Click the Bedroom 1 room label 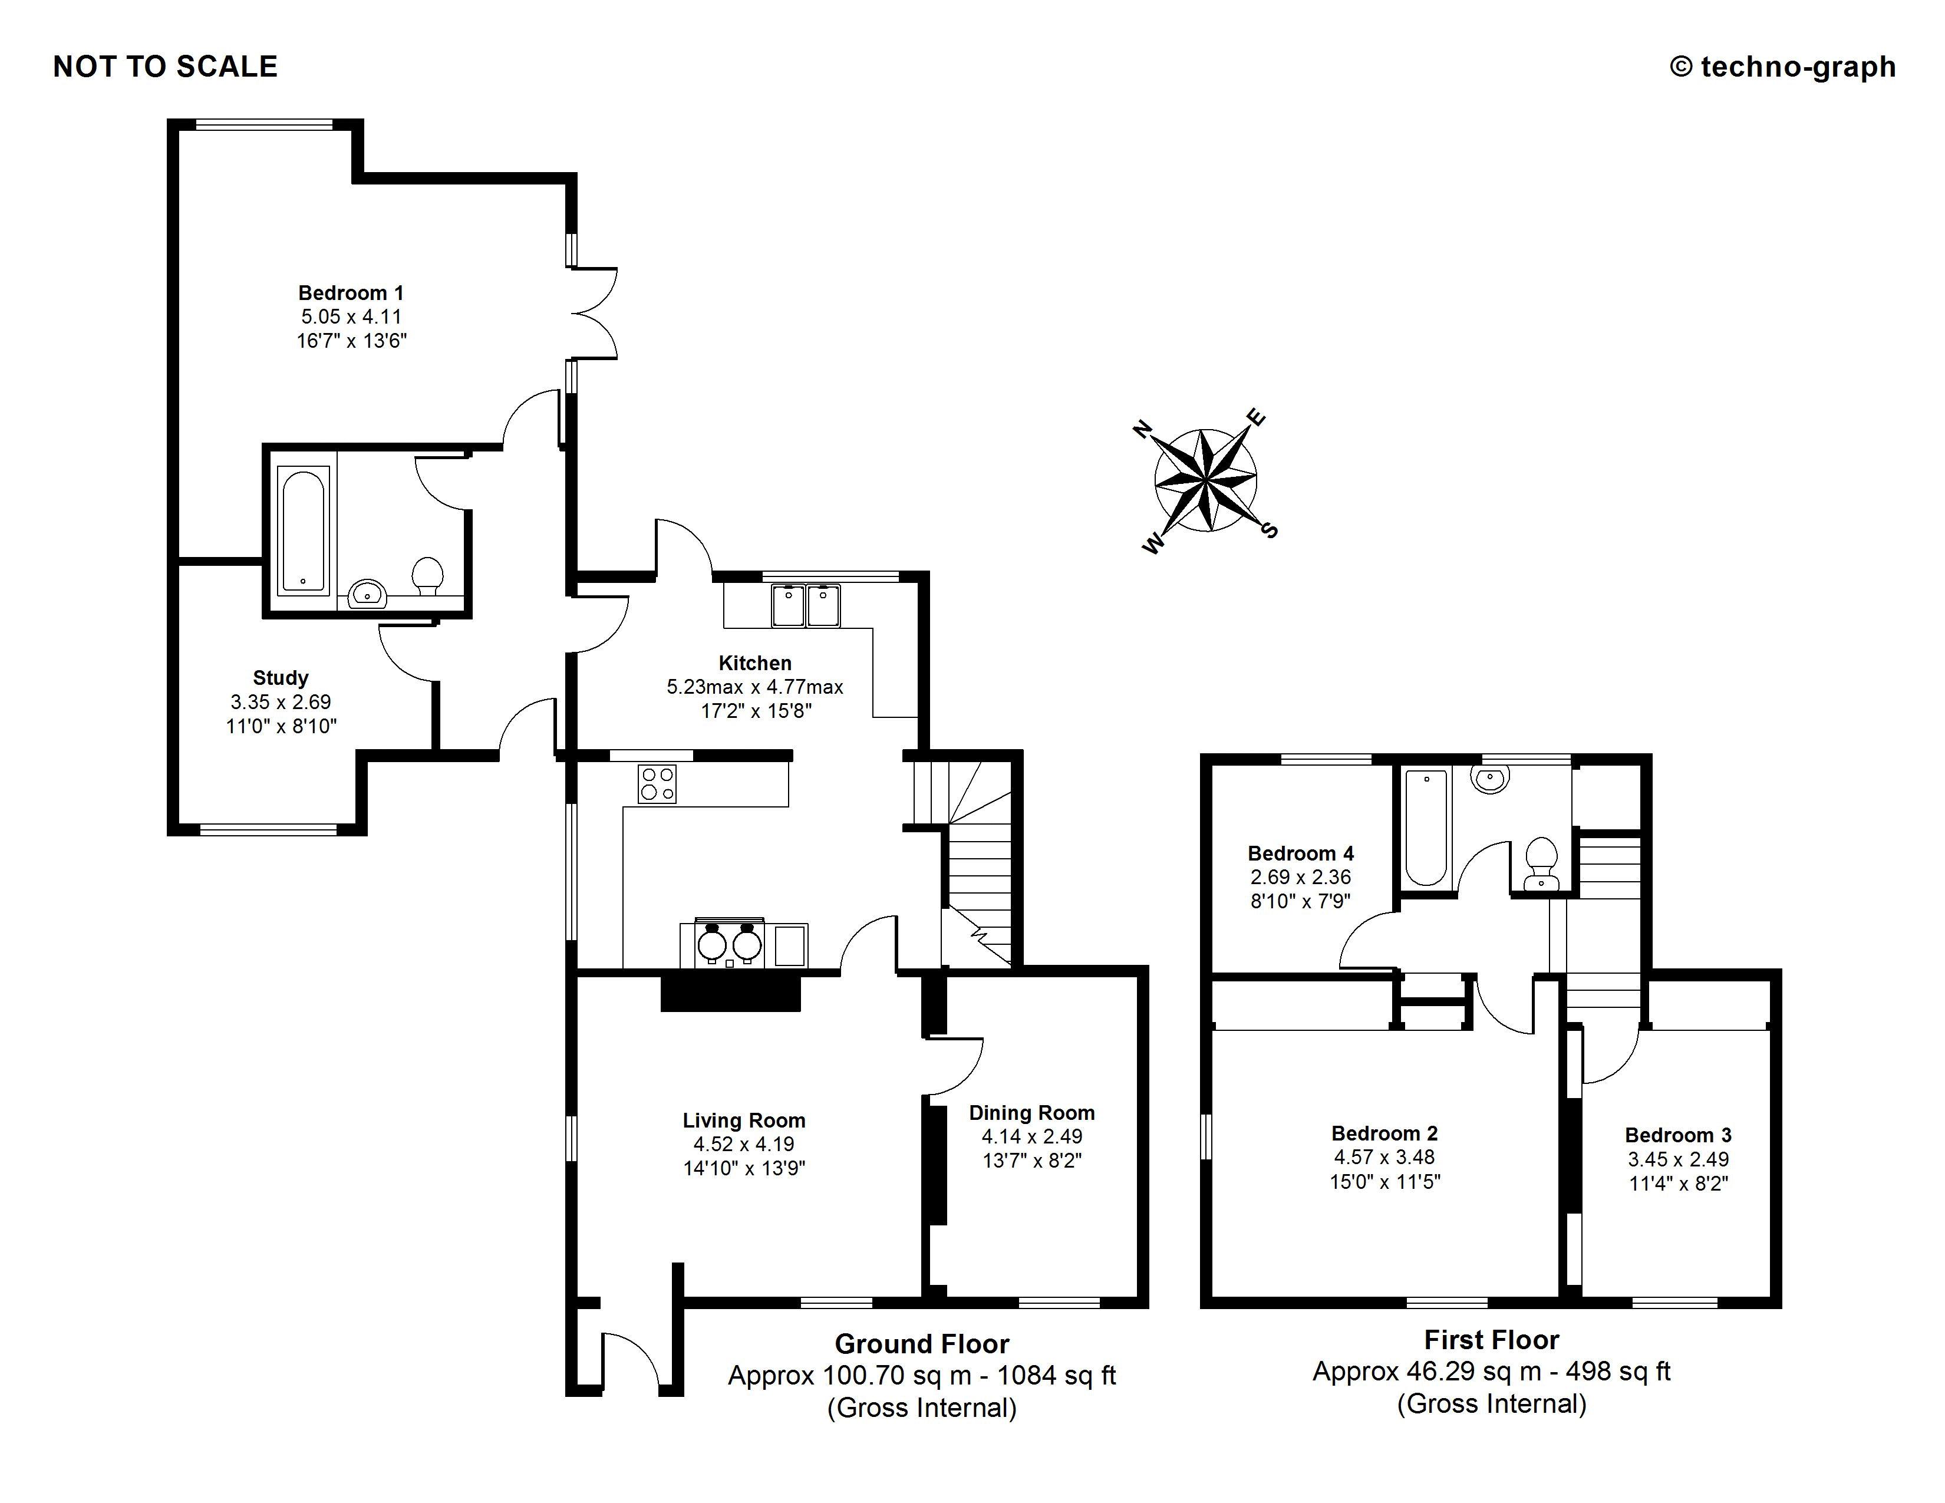(x=351, y=293)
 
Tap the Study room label (x=281, y=678)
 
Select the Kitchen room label (x=754, y=663)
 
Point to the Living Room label (x=744, y=1121)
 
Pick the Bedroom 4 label (x=1300, y=854)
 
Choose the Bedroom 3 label (x=1678, y=1135)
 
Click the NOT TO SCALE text (x=166, y=67)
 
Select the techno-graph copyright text (x=1783, y=67)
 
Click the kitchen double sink (x=806, y=605)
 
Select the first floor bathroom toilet (x=1541, y=863)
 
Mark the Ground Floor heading (x=922, y=1344)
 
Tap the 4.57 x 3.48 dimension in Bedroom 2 (x=1384, y=1158)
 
